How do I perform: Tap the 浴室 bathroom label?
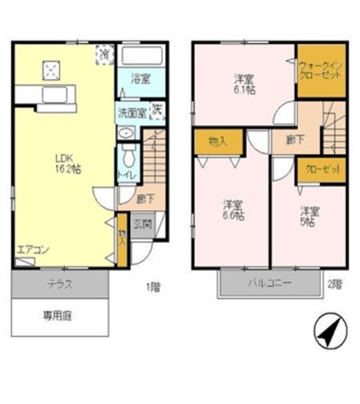pos(140,79)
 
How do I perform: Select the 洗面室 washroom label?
pos(131,114)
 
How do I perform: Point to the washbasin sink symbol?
pos(126,133)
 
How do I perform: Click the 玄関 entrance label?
pos(142,223)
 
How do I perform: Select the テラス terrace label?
pos(61,284)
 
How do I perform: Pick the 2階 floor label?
pos(335,283)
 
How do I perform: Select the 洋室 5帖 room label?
pos(309,216)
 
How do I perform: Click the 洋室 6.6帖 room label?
pos(232,210)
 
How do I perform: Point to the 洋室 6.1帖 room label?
pos(244,85)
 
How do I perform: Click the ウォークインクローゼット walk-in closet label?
pos(321,69)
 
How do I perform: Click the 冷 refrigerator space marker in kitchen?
pos(104,54)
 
